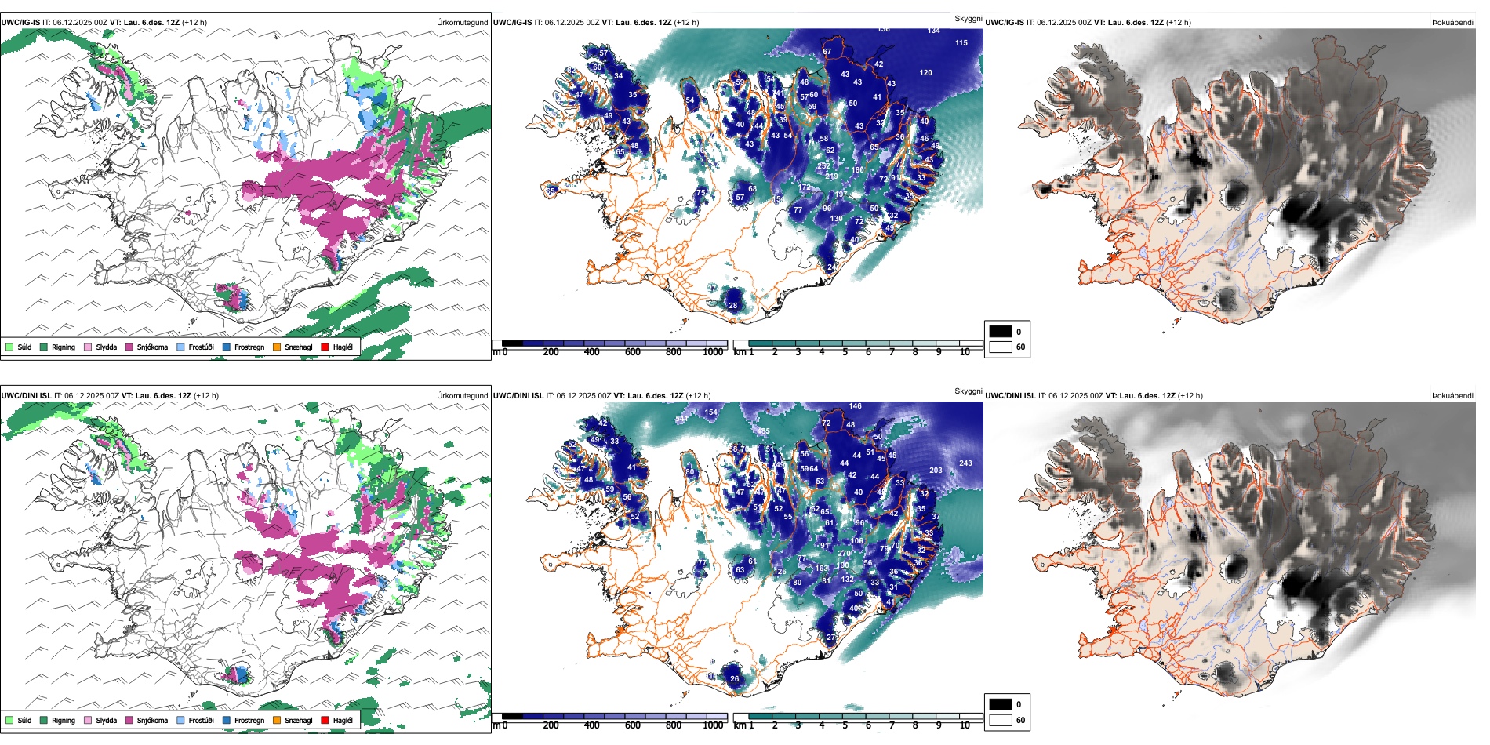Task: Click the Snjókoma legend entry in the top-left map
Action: [x=152, y=347]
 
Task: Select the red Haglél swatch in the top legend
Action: [x=325, y=347]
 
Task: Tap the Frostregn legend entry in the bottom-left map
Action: [x=249, y=721]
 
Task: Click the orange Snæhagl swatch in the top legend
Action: [x=277, y=347]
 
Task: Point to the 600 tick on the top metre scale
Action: [x=633, y=352]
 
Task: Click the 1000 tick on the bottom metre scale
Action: [x=713, y=725]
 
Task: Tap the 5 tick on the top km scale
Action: [x=845, y=352]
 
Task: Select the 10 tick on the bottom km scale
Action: [x=965, y=725]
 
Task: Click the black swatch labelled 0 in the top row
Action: [x=1001, y=332]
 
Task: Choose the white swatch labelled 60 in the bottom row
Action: [x=1001, y=720]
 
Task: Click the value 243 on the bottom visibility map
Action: [x=965, y=463]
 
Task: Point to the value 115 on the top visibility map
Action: [x=961, y=43]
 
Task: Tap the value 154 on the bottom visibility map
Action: [x=710, y=412]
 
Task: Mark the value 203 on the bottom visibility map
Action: [x=936, y=471]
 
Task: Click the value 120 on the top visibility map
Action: [x=925, y=73]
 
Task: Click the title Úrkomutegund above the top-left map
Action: [x=462, y=23]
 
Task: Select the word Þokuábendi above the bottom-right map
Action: [x=1452, y=396]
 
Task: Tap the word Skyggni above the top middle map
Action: [x=968, y=19]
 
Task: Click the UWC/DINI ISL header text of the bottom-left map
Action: [x=26, y=396]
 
